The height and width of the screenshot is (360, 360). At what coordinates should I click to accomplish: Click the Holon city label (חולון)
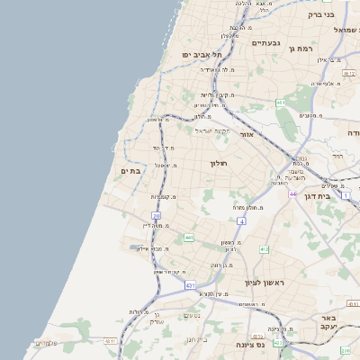pyautogui.click(x=220, y=163)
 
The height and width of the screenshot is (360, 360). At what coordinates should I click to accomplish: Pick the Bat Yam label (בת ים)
pyautogui.click(x=130, y=170)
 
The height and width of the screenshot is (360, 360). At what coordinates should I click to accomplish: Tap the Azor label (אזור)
pyautogui.click(x=248, y=133)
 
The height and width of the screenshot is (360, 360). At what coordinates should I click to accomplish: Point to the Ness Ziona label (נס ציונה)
pyautogui.click(x=248, y=344)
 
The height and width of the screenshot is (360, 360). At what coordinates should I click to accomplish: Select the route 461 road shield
pyautogui.click(x=281, y=103)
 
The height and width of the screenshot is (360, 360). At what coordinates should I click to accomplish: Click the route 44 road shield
pyautogui.click(x=292, y=193)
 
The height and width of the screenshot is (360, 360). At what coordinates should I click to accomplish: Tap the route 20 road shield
pyautogui.click(x=156, y=216)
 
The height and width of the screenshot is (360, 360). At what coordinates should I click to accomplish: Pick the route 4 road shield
pyautogui.click(x=241, y=220)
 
